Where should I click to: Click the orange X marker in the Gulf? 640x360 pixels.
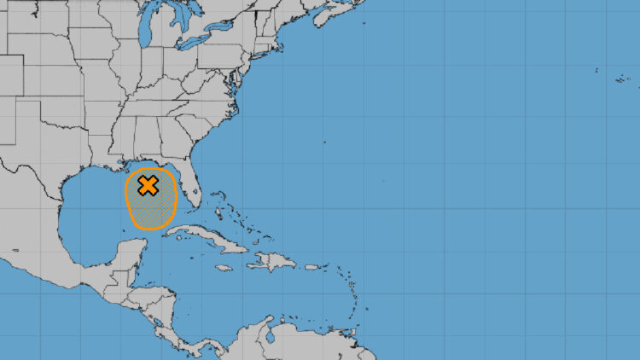coord(148,185)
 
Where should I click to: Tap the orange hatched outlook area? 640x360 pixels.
coord(151,210)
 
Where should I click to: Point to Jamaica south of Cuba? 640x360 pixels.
coord(224,268)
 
